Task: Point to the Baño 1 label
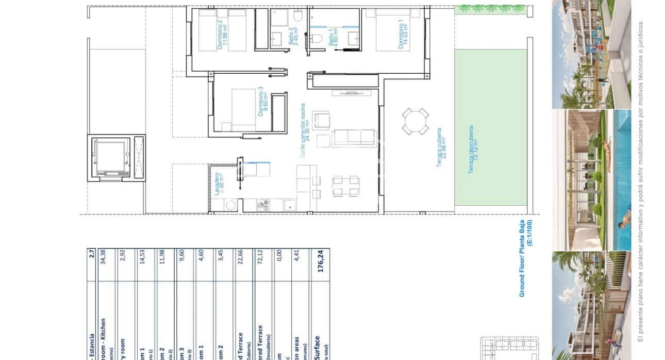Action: tap(334, 37)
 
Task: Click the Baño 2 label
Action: tap(293, 37)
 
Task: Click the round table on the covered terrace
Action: tap(415, 122)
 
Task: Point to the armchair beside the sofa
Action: tap(322, 120)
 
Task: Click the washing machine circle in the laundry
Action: tap(230, 205)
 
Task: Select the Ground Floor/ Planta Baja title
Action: tap(525, 258)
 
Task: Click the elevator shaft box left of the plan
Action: tap(110, 157)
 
